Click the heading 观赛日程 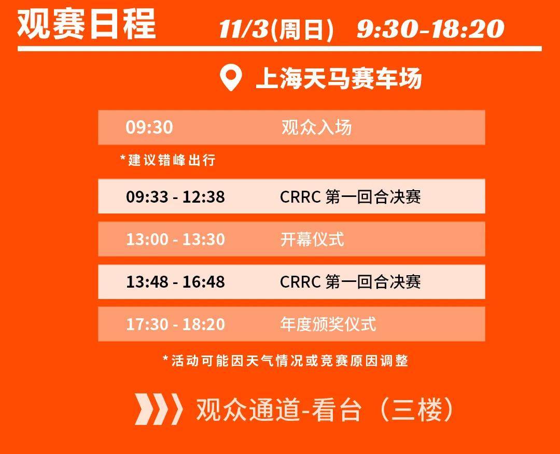click(x=87, y=23)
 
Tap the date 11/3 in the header click(x=244, y=29)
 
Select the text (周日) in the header click(x=302, y=29)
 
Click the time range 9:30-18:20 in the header click(x=430, y=29)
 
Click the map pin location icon click(x=231, y=78)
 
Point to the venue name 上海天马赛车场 click(x=339, y=78)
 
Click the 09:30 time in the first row click(x=149, y=127)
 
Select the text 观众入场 click(x=316, y=127)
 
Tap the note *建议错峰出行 click(x=168, y=160)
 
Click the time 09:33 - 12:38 click(x=175, y=196)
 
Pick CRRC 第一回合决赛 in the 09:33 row click(x=351, y=196)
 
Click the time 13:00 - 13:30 click(x=175, y=239)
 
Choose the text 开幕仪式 click(x=312, y=239)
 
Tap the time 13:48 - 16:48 click(x=175, y=282)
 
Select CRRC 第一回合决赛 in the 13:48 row click(x=351, y=281)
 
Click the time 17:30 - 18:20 click(x=175, y=324)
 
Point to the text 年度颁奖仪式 click(x=328, y=324)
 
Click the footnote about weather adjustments click(x=285, y=361)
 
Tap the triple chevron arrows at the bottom click(x=159, y=409)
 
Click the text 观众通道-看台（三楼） click(x=325, y=409)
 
